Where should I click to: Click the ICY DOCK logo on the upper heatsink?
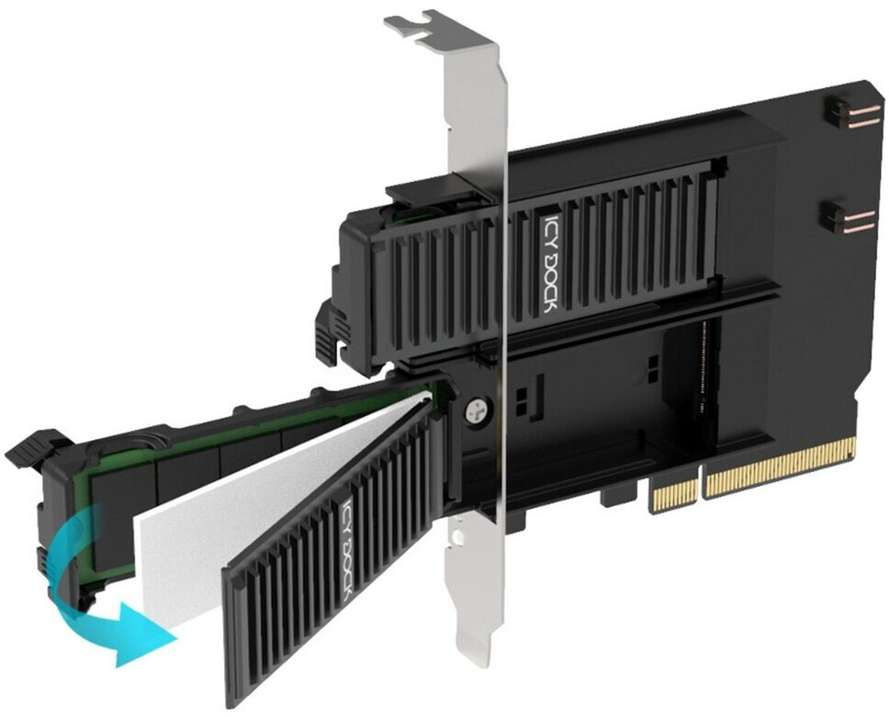click(548, 264)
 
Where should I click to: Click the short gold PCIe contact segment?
click(675, 492)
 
